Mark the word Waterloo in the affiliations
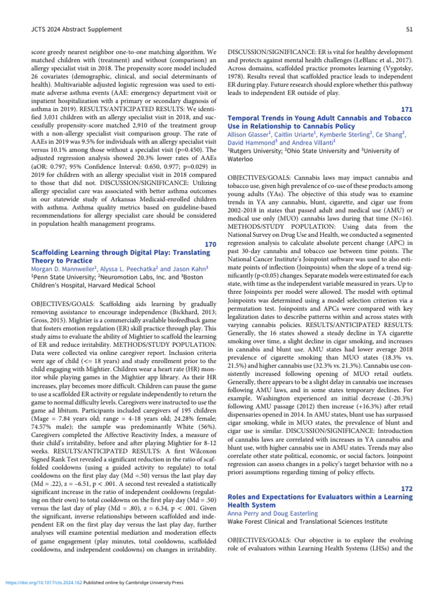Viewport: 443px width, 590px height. [244, 160]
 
